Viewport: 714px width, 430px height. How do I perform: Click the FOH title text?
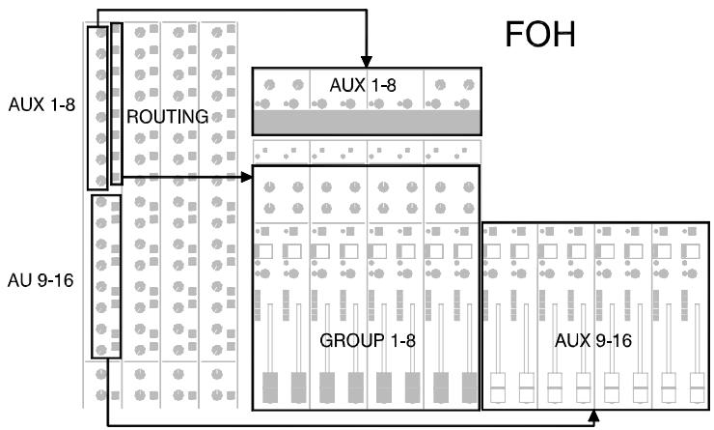[x=540, y=36]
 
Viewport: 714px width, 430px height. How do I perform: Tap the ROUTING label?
[x=168, y=117]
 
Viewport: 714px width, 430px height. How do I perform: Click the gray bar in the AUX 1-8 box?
[x=366, y=122]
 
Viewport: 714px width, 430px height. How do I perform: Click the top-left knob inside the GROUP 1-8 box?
[x=269, y=186]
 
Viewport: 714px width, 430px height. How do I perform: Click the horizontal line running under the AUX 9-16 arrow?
[x=347, y=423]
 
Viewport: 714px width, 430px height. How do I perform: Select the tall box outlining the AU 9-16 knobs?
[x=105, y=275]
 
